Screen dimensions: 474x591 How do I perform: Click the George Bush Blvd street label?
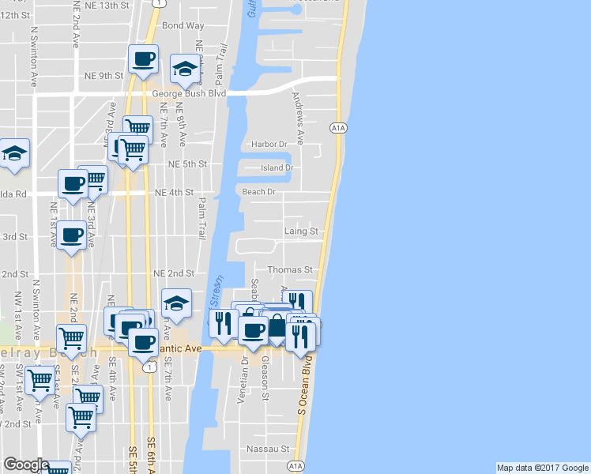point(190,93)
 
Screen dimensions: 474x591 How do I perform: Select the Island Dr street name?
point(277,167)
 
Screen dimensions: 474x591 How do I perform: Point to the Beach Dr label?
point(258,192)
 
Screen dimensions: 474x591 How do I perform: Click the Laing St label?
point(301,231)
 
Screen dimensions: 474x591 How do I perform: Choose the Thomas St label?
point(290,269)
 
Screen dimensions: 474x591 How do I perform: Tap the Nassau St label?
point(268,449)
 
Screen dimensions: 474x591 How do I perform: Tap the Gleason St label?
point(265,380)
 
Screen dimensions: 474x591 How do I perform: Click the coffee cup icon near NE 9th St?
point(144,59)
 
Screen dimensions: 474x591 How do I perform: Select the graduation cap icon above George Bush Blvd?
point(185,69)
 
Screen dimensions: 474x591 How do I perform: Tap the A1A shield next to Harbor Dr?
point(338,127)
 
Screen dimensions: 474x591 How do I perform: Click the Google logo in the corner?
point(25,465)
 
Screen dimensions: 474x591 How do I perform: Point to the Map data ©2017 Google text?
point(542,468)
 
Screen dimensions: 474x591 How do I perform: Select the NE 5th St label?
point(187,164)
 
